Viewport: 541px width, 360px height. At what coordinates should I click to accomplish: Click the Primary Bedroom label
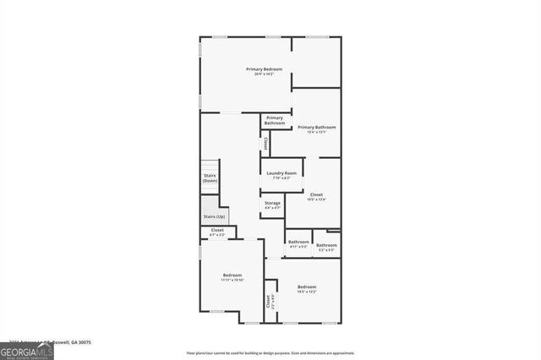point(264,68)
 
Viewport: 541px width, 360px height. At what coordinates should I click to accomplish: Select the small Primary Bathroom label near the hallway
point(274,120)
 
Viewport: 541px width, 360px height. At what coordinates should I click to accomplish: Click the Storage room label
point(272,203)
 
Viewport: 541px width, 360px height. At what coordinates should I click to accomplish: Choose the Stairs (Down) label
point(210,177)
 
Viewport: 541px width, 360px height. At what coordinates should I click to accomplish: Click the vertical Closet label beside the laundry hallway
point(265,145)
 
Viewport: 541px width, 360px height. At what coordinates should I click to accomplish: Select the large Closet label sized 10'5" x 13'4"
point(316,195)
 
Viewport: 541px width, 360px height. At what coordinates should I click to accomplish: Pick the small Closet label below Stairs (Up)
point(217,231)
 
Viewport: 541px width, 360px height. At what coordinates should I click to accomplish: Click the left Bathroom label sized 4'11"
point(298,243)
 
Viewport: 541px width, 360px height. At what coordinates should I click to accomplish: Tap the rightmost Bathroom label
point(326,246)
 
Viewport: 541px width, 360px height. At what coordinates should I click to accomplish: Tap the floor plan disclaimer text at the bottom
point(270,352)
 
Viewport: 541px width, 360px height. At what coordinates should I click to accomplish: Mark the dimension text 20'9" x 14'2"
point(264,74)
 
